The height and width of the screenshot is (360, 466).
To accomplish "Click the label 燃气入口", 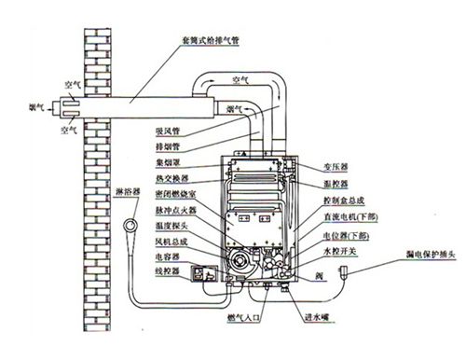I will tap(243, 321).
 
